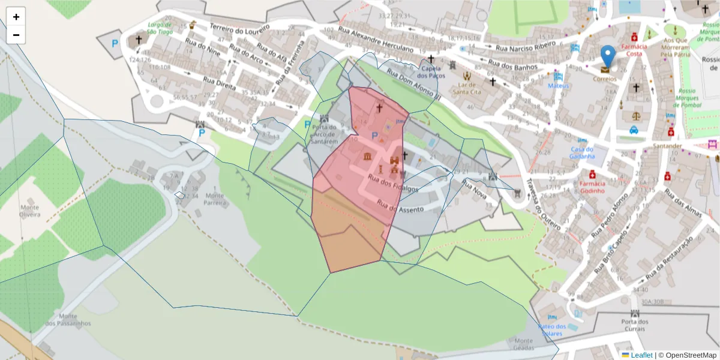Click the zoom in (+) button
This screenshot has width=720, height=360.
pos(16,17)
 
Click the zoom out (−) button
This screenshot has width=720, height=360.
pos(16,35)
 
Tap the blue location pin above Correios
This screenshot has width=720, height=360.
pos(608,56)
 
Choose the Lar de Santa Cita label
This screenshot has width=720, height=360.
pos(468,89)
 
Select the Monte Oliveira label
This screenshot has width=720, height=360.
pos(29,211)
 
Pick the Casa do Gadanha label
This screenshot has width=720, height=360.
pos(582,153)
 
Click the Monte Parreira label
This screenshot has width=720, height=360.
pos(215,199)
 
